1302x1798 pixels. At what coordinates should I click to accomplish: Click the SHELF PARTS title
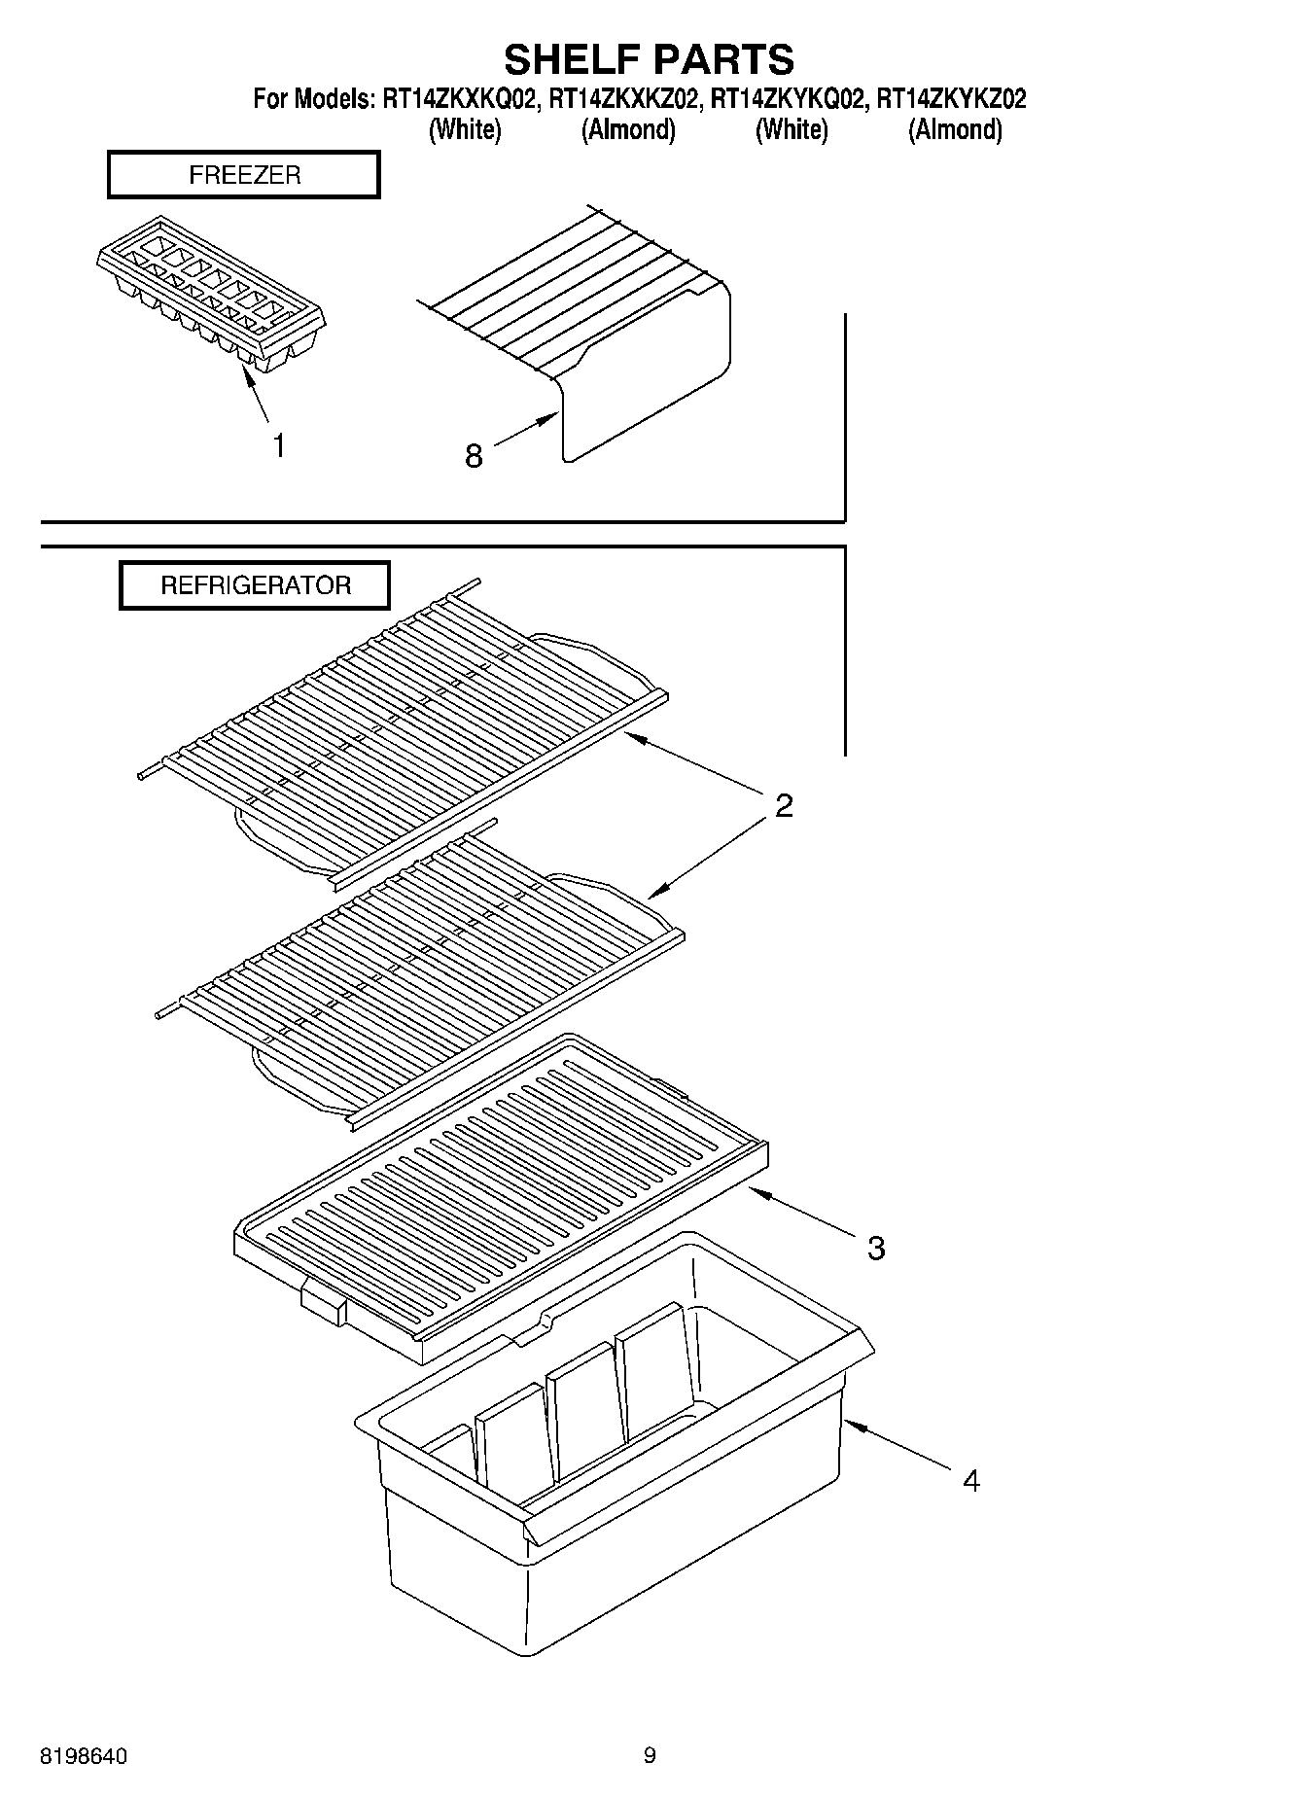(649, 59)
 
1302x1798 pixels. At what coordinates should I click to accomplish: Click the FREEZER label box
(244, 175)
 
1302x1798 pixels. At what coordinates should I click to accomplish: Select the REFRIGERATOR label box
(255, 585)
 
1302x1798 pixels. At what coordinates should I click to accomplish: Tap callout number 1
(279, 446)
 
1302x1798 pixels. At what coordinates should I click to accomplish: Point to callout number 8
(474, 455)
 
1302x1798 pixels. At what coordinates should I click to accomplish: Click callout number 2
(784, 805)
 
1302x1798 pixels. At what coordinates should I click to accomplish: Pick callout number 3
(876, 1248)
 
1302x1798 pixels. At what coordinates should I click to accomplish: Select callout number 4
(970, 1481)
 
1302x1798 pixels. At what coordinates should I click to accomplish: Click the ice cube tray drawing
(210, 291)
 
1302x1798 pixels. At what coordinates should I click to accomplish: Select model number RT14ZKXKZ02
(623, 99)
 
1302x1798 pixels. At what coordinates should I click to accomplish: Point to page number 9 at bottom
(650, 1755)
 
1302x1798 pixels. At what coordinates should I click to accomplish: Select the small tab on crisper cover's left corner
(325, 1303)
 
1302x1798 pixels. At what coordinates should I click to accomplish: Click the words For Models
(311, 99)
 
